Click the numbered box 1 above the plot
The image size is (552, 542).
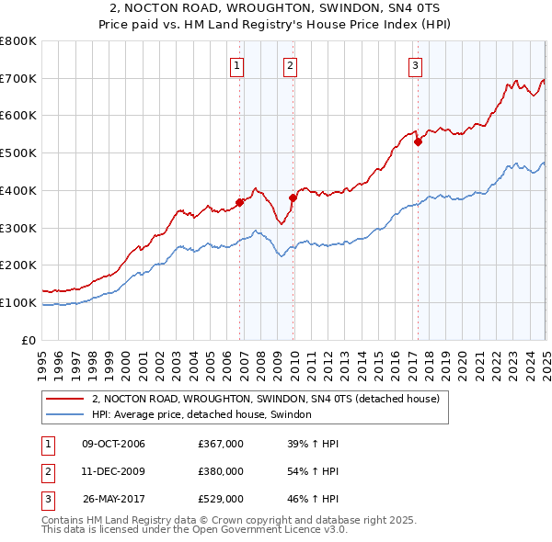point(237,65)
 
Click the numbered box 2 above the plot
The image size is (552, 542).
point(290,65)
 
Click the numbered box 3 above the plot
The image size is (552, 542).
point(416,65)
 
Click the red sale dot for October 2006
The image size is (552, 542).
point(239,202)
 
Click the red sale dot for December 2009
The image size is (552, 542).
point(293,198)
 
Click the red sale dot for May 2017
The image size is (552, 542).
point(418,141)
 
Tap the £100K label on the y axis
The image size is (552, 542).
point(18,302)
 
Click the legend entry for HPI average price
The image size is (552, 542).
point(201,415)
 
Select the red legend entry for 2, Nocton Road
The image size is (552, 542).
point(266,399)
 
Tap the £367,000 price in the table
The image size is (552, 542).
point(221,444)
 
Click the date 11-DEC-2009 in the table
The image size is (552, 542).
point(113,472)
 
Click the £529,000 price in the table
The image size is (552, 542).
point(221,500)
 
